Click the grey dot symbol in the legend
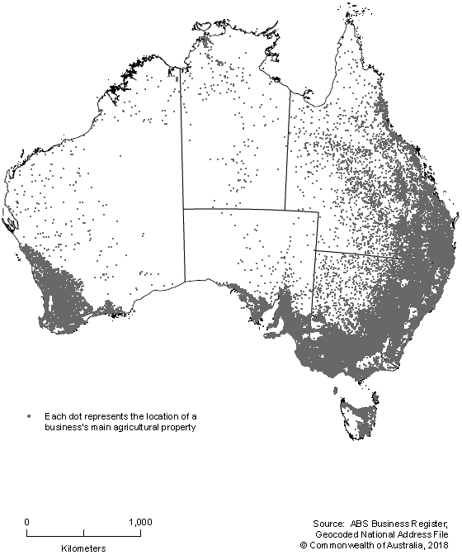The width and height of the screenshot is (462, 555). pos(29,415)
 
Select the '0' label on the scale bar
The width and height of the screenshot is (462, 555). pos(27,522)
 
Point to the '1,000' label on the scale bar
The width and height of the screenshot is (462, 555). pos(140,522)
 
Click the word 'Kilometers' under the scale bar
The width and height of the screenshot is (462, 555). pos(83,547)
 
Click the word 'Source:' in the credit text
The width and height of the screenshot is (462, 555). pos(329,524)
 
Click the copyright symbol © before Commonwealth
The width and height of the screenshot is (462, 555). pos(303,546)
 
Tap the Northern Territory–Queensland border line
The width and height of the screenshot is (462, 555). pos(288,149)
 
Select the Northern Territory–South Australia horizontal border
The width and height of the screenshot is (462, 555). pos(234,209)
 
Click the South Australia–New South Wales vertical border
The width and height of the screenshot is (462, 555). pos(314,281)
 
